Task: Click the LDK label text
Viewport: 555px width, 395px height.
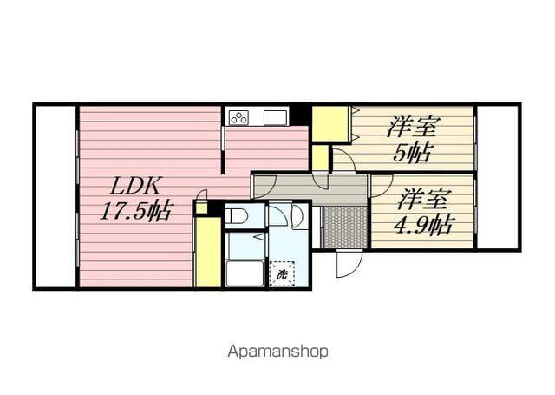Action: [132, 185]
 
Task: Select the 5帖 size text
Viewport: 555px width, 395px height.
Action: [412, 152]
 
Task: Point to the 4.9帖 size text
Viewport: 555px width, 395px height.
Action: [424, 224]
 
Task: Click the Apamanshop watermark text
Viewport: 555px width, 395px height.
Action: [277, 352]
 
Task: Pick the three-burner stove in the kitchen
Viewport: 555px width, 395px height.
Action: [238, 116]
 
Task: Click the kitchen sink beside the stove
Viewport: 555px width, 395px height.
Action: [275, 116]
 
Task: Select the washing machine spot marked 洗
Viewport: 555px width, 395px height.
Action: [281, 274]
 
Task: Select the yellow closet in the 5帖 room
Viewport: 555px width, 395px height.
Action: [330, 123]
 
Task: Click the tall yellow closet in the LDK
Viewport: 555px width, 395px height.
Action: [207, 252]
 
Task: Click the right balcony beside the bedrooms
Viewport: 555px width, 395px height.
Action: [498, 177]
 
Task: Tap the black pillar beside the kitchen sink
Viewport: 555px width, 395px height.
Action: [300, 114]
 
